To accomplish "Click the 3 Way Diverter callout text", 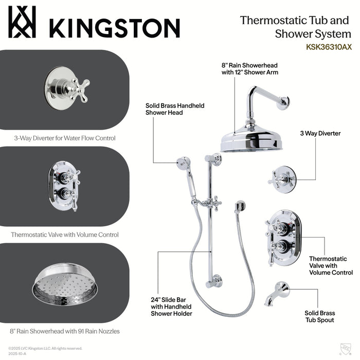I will pyautogui.click(x=320, y=133).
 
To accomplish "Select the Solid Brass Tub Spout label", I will pyautogui.click(x=319, y=316).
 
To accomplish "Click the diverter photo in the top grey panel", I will pyautogui.click(x=66, y=84).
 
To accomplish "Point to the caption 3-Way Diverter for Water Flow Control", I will pyautogui.click(x=65, y=138).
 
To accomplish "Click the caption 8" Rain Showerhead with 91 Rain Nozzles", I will pyautogui.click(x=65, y=331).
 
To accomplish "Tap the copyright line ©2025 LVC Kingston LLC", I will pyautogui.click(x=45, y=348).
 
